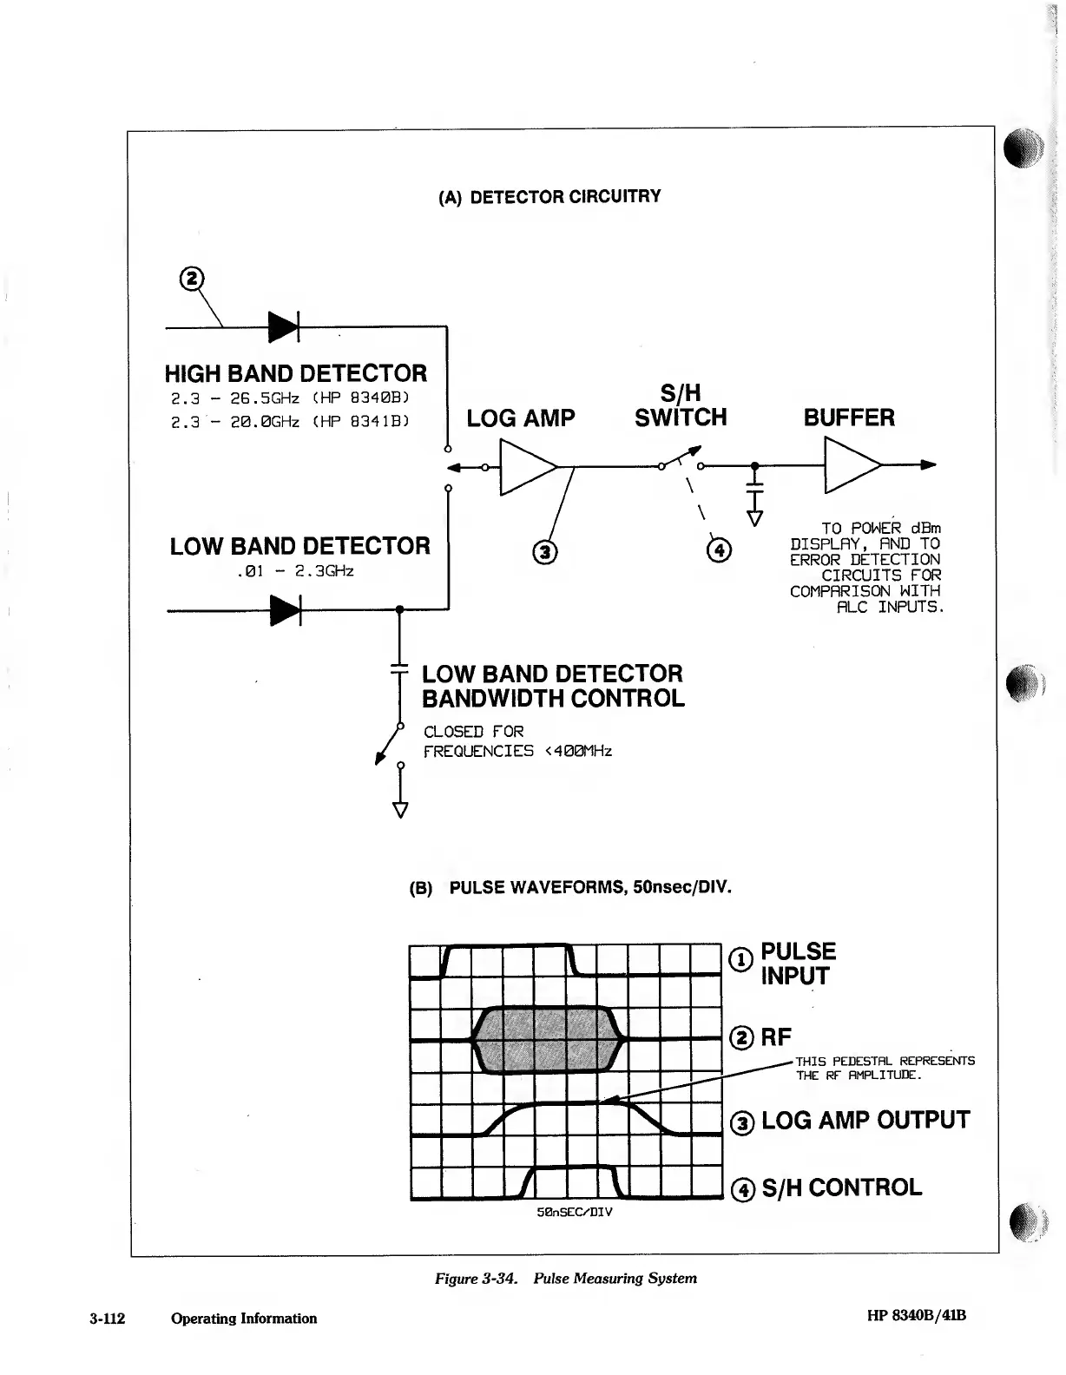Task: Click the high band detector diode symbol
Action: [x=284, y=327]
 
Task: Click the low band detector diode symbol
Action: [x=285, y=610]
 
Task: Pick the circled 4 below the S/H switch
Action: [x=720, y=549]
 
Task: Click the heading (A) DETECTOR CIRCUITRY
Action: [x=549, y=196]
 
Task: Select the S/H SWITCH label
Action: [x=681, y=406]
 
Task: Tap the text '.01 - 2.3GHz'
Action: [x=294, y=572]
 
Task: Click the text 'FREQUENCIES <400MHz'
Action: [x=517, y=751]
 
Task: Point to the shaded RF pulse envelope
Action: [x=548, y=1039]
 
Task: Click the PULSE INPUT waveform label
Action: [x=797, y=964]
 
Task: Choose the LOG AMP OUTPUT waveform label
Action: [x=865, y=1121]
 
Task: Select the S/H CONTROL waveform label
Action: [x=840, y=1187]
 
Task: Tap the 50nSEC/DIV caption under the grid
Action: [x=575, y=1212]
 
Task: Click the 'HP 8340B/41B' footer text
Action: [x=916, y=1315]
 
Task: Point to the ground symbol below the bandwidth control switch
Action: [x=400, y=810]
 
